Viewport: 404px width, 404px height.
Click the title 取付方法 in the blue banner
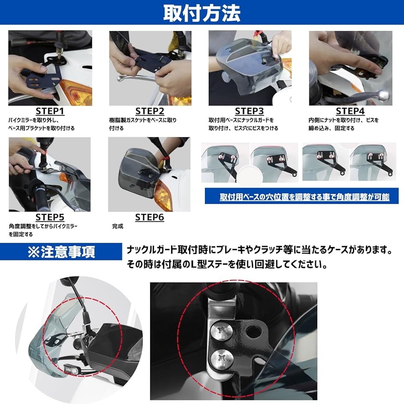click(x=202, y=13)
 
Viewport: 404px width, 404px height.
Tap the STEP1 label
click(x=50, y=111)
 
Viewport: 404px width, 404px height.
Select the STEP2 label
click(x=150, y=111)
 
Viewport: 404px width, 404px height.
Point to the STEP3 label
click(x=249, y=111)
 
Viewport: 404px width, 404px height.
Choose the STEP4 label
click(x=350, y=111)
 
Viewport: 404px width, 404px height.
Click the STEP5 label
click(x=50, y=217)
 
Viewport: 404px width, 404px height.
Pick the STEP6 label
click(x=150, y=217)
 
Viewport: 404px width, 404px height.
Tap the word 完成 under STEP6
click(x=118, y=226)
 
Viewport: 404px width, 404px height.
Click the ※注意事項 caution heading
click(x=61, y=252)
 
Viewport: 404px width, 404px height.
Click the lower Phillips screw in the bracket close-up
click(x=222, y=358)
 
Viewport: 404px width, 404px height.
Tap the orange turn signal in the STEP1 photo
click(x=77, y=92)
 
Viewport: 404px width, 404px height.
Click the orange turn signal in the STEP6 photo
click(x=163, y=195)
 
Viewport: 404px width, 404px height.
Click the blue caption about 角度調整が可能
click(x=305, y=197)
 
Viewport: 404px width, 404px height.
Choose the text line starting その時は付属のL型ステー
click(x=227, y=264)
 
